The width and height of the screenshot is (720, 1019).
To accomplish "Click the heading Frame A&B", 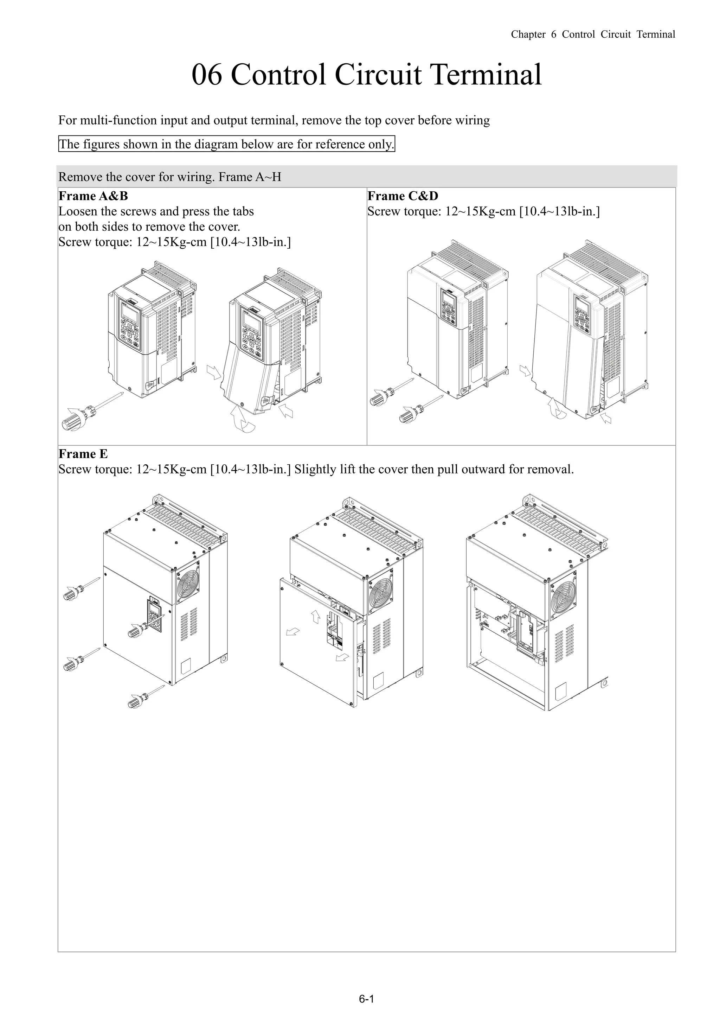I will point(93,196).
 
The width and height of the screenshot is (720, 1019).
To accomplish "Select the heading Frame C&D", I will point(403,196).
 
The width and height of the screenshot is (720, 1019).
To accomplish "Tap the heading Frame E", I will point(83,454).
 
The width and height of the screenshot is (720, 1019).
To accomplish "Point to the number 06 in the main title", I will point(206,75).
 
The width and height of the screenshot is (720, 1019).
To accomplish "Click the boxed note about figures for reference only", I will point(226,144).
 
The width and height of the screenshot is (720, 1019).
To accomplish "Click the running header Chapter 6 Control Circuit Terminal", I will point(593,34).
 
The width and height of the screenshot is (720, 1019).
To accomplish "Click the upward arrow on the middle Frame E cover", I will point(315,616).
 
